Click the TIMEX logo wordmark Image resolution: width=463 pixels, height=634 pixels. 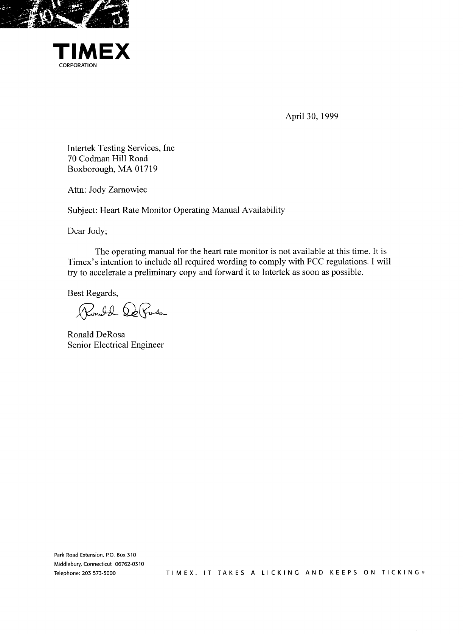[91, 52]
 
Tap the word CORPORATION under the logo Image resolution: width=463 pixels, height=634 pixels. [78, 66]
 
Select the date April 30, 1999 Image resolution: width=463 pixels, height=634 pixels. [312, 116]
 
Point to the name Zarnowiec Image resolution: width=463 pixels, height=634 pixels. [127, 190]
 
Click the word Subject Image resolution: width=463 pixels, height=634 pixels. [82, 210]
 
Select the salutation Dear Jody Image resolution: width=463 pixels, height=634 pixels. [87, 231]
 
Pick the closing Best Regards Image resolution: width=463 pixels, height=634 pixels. [93, 293]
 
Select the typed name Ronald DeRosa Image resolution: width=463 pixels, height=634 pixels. [96, 334]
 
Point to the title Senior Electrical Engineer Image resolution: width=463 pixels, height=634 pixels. [115, 345]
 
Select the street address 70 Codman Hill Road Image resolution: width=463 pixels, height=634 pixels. [107, 159]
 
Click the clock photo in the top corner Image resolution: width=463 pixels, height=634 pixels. [64, 14]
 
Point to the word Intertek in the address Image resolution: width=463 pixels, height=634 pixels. [79, 148]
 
